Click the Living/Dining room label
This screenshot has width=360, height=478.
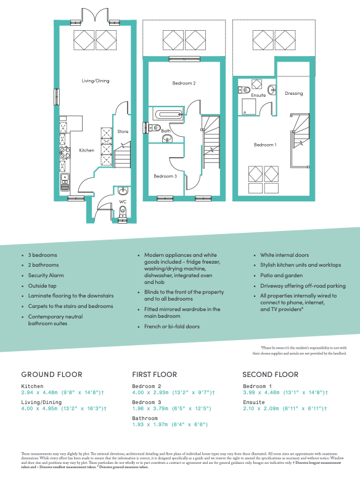coord(95,81)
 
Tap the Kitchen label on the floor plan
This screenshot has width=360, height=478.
coord(86,150)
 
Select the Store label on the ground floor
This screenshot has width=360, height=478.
coord(123,131)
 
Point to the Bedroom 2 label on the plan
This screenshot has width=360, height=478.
coord(166,83)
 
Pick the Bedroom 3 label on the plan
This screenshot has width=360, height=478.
coord(165,176)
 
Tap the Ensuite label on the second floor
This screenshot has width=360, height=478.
coord(258,95)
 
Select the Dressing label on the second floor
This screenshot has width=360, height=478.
coord(293,94)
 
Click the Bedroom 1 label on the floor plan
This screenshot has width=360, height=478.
coord(265,145)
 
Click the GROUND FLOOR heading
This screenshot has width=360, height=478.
coord(51,375)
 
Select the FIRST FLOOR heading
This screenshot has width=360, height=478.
coord(154,375)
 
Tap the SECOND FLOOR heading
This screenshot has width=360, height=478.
coord(270,375)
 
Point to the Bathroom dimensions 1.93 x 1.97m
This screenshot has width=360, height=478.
coord(170,424)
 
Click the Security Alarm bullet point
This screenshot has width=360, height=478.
coord(46,275)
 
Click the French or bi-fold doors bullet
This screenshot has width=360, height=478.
coord(171,326)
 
